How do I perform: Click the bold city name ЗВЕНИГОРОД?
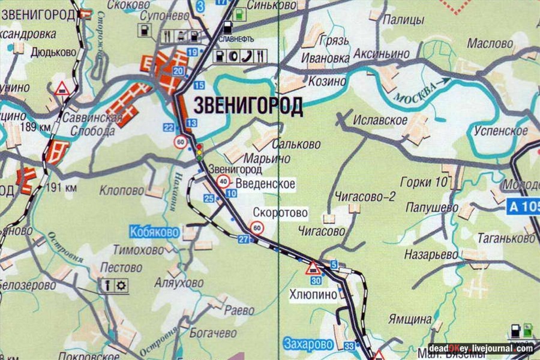[248, 106]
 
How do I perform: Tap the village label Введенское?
[265, 184]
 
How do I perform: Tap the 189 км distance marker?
[35, 127]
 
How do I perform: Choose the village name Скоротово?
[280, 213]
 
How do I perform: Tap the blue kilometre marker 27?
[243, 239]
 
